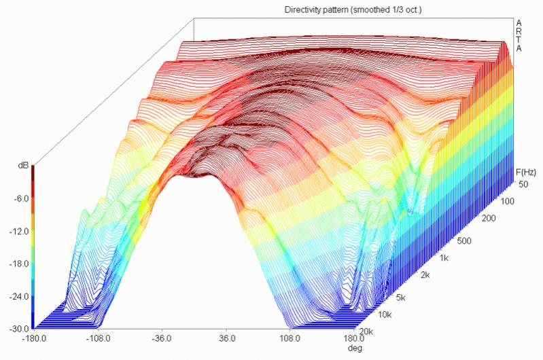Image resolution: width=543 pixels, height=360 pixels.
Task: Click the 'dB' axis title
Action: click(23, 165)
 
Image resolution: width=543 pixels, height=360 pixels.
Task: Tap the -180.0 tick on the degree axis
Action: click(33, 337)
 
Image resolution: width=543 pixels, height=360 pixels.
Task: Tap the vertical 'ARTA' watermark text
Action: click(519, 35)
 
